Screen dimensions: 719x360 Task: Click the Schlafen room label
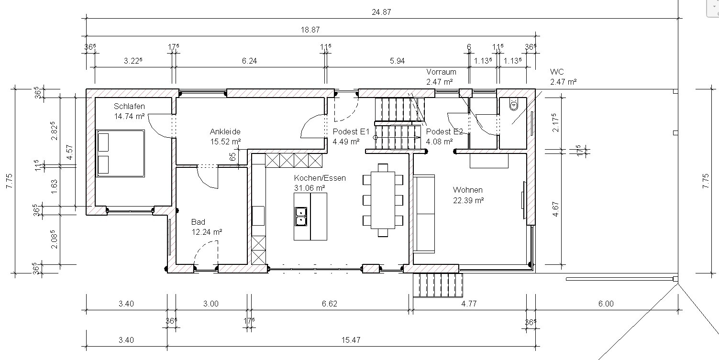click(x=129, y=106)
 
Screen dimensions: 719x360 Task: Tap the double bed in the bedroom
click(x=121, y=153)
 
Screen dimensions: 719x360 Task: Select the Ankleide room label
click(x=225, y=131)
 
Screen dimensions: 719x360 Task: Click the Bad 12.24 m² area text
click(x=207, y=232)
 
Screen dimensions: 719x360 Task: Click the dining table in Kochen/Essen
click(x=383, y=200)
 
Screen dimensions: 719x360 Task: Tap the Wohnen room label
click(x=468, y=190)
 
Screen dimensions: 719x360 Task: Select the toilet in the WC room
click(x=514, y=105)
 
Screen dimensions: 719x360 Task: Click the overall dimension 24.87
click(x=381, y=12)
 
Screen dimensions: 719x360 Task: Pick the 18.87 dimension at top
click(x=310, y=30)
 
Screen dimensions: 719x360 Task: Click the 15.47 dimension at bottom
click(x=351, y=340)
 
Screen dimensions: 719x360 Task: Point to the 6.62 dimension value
click(x=329, y=304)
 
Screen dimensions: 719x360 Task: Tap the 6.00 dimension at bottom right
click(x=606, y=304)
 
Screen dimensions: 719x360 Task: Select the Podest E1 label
click(x=351, y=131)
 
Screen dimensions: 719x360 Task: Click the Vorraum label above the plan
click(x=441, y=72)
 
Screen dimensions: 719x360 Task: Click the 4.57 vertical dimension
click(x=70, y=153)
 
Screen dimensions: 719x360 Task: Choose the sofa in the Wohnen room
click(x=424, y=214)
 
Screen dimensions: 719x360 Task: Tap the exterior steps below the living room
click(x=438, y=285)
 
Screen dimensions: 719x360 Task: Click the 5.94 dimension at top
click(x=397, y=61)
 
